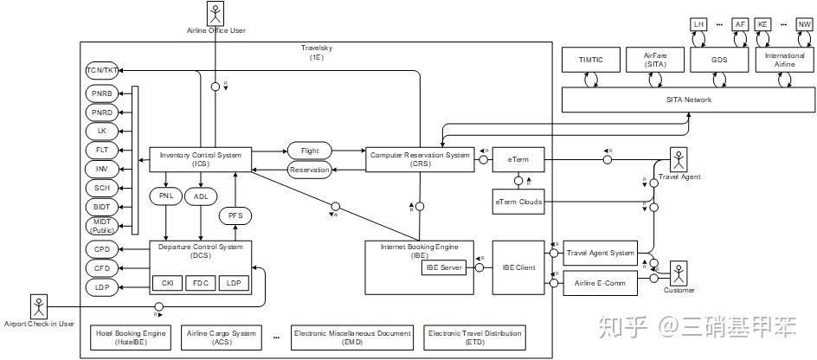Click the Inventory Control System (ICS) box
tap(201, 158)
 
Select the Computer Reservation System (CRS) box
tap(420, 158)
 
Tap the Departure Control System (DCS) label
tap(201, 251)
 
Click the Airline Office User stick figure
tap(216, 14)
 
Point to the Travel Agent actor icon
tap(679, 160)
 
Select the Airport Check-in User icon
tap(39, 305)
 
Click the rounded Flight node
tap(310, 151)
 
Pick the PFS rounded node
tap(235, 215)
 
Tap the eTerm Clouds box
tap(518, 202)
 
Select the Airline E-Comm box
tap(600, 282)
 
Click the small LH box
tap(698, 24)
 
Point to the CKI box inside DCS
tap(167, 283)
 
